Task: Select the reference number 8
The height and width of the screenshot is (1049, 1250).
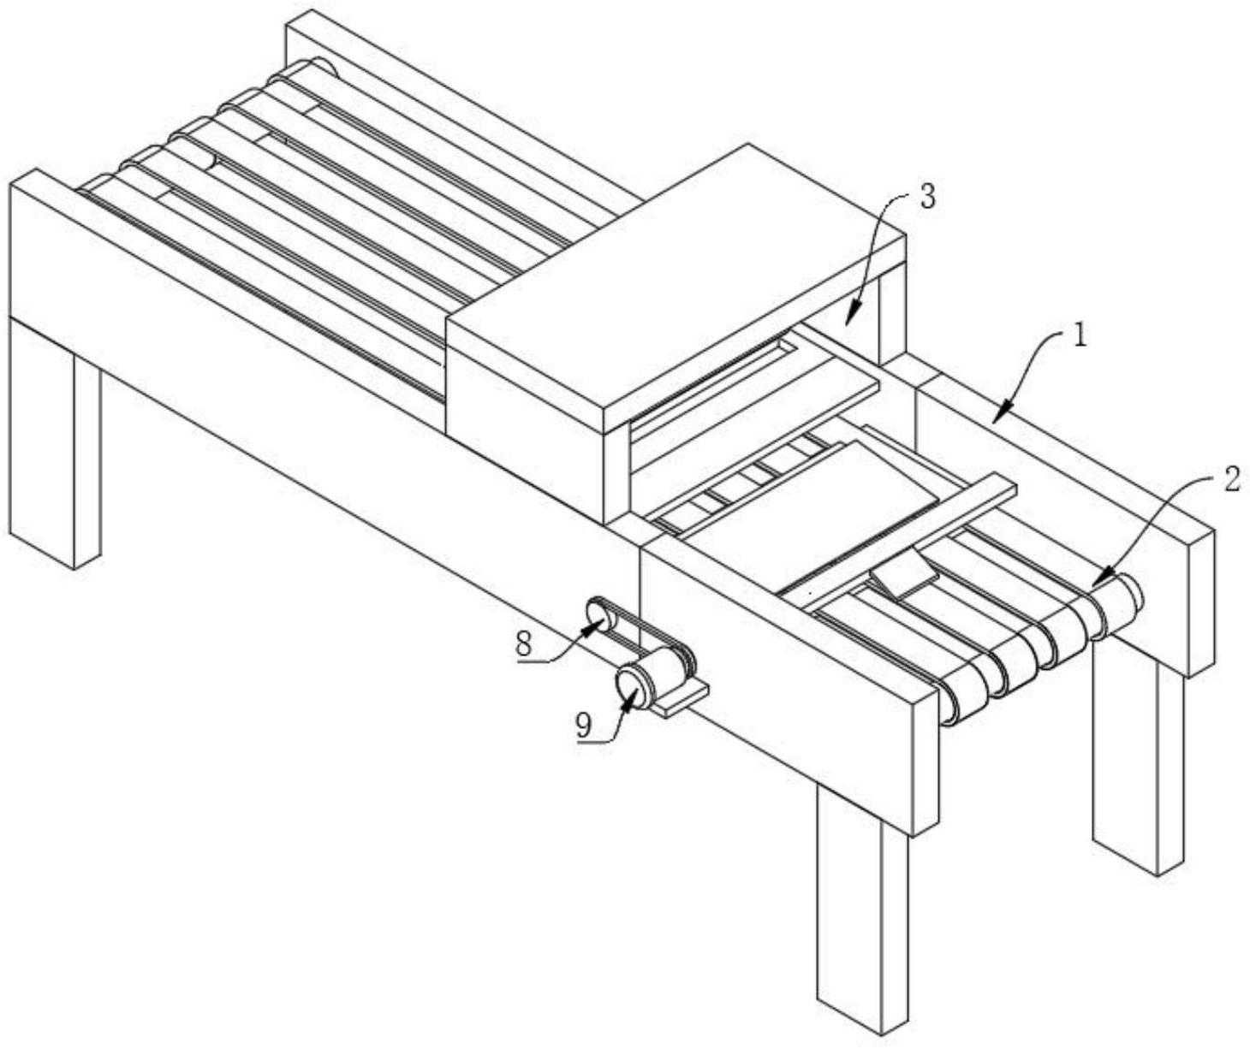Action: click(525, 646)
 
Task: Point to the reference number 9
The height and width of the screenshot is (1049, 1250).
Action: click(584, 726)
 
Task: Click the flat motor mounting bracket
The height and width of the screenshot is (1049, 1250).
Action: click(680, 700)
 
